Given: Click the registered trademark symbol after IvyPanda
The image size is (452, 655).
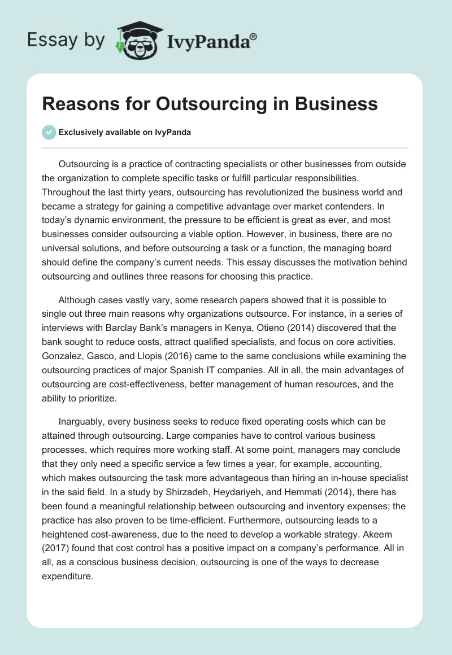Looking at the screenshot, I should tap(254, 37).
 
